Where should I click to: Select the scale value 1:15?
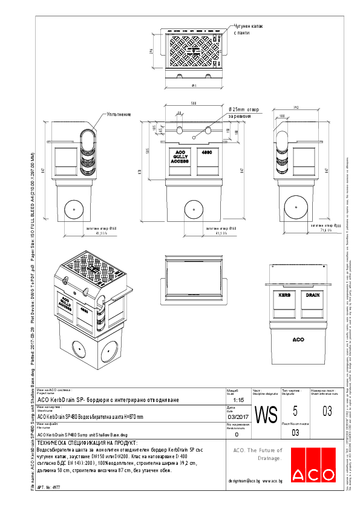point(238,400)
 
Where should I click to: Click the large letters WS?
point(266,415)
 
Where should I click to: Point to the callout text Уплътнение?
point(119,114)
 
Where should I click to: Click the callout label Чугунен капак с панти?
point(249,30)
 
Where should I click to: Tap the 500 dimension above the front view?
point(193,103)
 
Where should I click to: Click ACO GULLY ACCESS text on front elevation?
point(180,158)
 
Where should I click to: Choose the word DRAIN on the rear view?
point(312,295)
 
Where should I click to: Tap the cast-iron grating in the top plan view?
point(194,48)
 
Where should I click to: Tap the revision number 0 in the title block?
point(237,434)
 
